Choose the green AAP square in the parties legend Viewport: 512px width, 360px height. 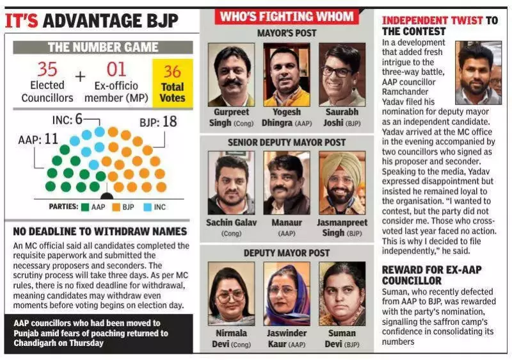(x=85, y=207)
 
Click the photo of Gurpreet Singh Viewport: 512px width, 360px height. (x=230, y=74)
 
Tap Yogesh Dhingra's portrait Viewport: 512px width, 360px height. (x=286, y=74)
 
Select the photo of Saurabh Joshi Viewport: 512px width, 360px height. (x=342, y=74)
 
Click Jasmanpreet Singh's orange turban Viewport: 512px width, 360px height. (x=342, y=163)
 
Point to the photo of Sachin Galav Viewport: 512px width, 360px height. (x=230, y=183)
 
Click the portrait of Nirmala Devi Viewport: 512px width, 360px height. (x=230, y=293)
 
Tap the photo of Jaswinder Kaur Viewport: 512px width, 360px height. (x=286, y=293)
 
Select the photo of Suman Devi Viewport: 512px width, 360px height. (x=342, y=293)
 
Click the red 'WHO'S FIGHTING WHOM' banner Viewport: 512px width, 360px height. (x=287, y=16)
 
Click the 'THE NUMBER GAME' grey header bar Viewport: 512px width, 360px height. (x=103, y=47)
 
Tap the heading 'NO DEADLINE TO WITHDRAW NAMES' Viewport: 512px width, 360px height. (x=100, y=231)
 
